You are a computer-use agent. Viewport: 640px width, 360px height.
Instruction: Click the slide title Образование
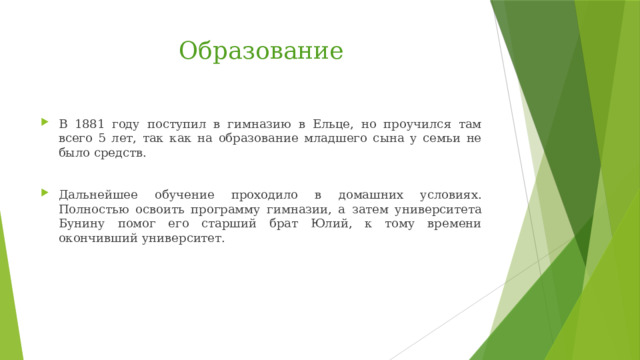pyautogui.click(x=260, y=50)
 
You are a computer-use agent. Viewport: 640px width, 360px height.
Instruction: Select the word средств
pyautogui.click(x=122, y=154)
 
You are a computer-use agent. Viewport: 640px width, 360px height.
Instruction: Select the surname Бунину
pyautogui.click(x=83, y=224)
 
